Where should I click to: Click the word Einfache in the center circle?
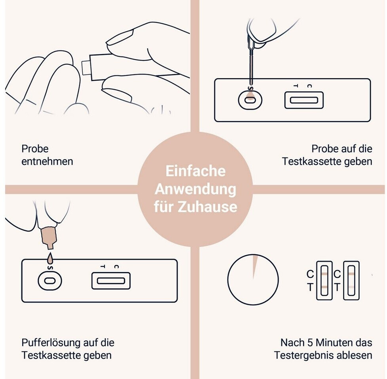click(195, 171)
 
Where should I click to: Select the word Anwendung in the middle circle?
click(195, 189)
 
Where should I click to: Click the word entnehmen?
click(47, 161)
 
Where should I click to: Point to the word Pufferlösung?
click(51, 343)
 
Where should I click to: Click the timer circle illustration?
click(253, 280)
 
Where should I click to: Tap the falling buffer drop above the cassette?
click(50, 257)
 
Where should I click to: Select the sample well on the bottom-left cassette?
click(49, 281)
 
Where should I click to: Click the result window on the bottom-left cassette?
click(111, 281)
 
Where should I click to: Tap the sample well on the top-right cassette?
click(250, 100)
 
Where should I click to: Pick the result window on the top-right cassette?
click(304, 100)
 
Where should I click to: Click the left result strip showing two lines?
click(324, 280)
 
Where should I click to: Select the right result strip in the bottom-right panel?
click(351, 280)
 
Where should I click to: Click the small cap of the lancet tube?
click(85, 68)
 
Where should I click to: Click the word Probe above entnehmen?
click(35, 149)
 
